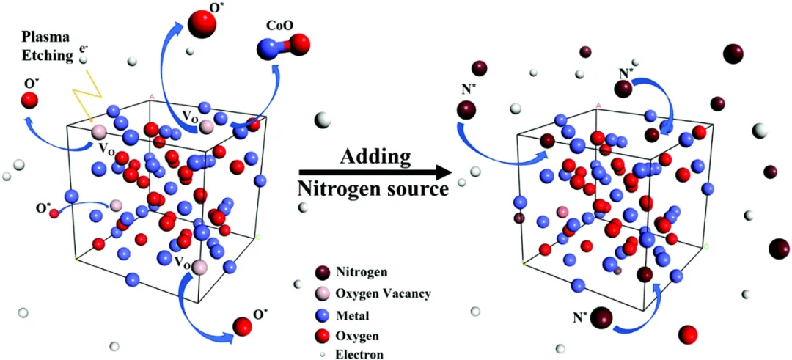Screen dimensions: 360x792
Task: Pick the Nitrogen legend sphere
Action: click(x=320, y=273)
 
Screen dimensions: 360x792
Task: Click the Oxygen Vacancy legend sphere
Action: click(x=320, y=294)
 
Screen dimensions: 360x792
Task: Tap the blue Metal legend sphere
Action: click(x=320, y=315)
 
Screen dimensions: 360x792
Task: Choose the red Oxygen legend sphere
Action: click(x=320, y=336)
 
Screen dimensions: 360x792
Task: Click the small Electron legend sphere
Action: click(x=321, y=354)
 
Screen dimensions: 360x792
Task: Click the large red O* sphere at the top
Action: click(x=203, y=25)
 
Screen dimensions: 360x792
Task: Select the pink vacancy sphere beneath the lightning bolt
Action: click(x=98, y=133)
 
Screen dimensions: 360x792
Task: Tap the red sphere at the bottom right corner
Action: click(x=688, y=335)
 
